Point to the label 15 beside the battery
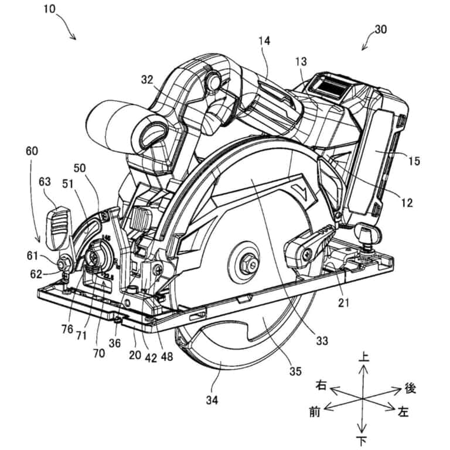coord(414,160)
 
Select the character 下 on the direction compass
coord(363,440)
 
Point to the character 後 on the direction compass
coord(410,388)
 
